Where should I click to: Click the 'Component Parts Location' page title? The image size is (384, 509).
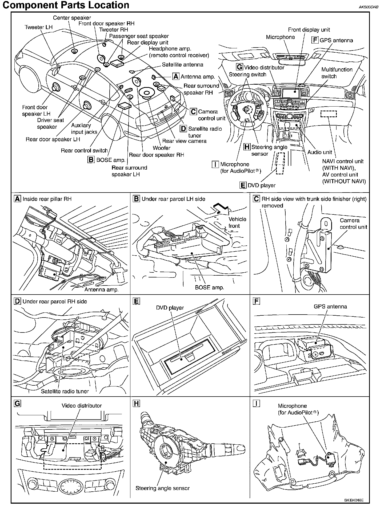[66, 5]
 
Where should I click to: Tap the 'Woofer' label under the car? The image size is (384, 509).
[161, 148]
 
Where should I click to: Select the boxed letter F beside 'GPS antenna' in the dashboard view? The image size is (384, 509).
[315, 40]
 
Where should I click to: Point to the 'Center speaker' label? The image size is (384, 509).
[72, 18]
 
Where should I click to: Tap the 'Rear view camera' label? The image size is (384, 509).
[184, 141]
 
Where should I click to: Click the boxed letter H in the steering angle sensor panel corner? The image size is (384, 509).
[136, 404]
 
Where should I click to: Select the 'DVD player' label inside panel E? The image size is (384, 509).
[170, 308]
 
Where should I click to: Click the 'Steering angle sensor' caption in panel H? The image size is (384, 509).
[162, 488]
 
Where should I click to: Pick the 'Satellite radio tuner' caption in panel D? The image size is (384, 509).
[65, 391]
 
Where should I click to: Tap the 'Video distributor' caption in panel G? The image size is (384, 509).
[82, 406]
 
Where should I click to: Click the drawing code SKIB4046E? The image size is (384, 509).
[354, 500]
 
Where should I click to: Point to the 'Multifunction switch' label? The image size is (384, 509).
[337, 73]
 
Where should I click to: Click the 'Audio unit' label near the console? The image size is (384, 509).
[319, 152]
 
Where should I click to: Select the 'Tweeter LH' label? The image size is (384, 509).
[38, 27]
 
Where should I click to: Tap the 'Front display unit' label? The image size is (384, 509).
[309, 30]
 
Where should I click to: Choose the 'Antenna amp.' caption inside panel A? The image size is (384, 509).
[101, 289]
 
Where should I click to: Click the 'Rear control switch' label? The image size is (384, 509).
[84, 151]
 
